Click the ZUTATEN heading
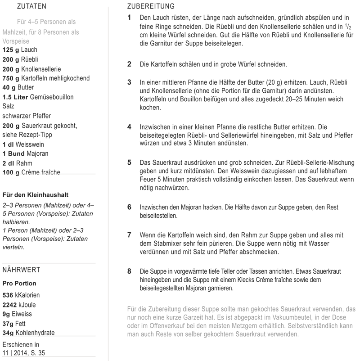[31, 7]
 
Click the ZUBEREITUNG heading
[151, 7]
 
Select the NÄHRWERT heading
[21, 270]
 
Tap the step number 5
[129, 162]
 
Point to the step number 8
[129, 271]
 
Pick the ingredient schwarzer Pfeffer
[27, 116]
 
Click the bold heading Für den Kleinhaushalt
[36, 195]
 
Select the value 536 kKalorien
[21, 295]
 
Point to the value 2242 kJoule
[19, 305]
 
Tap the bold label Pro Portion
[19, 284]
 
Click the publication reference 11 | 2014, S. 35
[23, 353]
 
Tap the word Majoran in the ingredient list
[35, 154]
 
